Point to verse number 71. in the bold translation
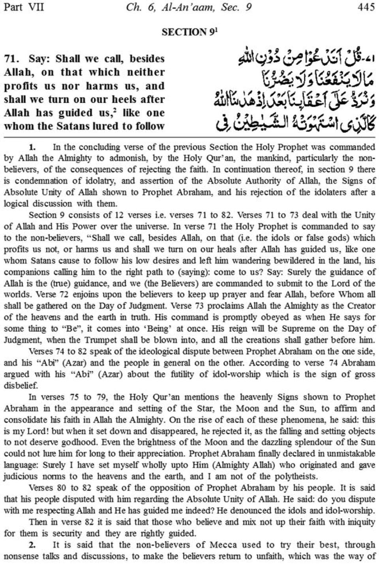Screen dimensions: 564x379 (12, 59)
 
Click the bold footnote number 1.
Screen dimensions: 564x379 (32, 147)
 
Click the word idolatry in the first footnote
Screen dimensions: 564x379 (98, 181)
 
